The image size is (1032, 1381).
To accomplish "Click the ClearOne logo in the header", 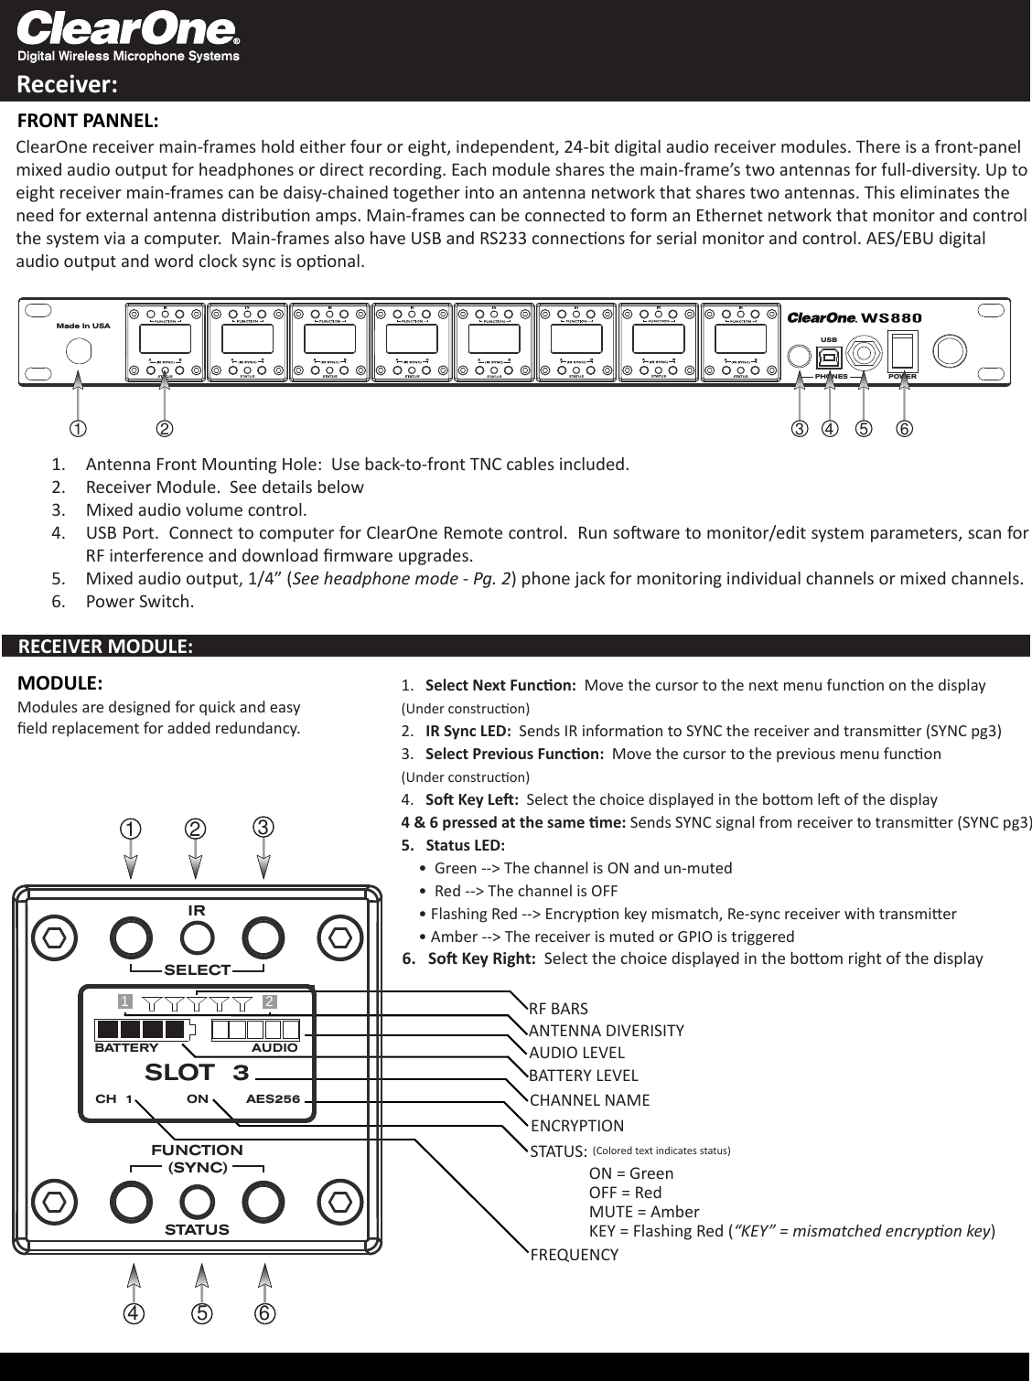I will click(x=128, y=31).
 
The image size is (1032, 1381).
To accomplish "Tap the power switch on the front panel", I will click(x=904, y=351).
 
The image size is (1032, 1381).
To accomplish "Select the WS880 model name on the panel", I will click(x=892, y=318).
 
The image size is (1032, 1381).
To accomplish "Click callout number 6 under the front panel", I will click(x=904, y=428).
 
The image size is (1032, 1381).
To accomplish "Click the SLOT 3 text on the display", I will click(x=197, y=1073).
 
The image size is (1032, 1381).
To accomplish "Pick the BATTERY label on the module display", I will click(x=126, y=1048).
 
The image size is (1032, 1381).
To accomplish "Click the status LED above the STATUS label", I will click(x=197, y=1200).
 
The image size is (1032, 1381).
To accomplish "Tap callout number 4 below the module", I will click(x=134, y=1313).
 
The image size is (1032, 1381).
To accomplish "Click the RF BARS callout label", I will click(x=558, y=1009).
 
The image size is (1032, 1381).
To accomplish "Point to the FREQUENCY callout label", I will click(x=574, y=1255).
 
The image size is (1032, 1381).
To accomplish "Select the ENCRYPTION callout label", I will click(x=576, y=1126).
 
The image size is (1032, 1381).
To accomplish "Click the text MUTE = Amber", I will click(x=630, y=1212).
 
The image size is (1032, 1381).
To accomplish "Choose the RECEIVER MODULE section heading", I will click(x=105, y=647).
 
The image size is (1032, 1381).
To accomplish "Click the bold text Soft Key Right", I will click(x=481, y=958).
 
